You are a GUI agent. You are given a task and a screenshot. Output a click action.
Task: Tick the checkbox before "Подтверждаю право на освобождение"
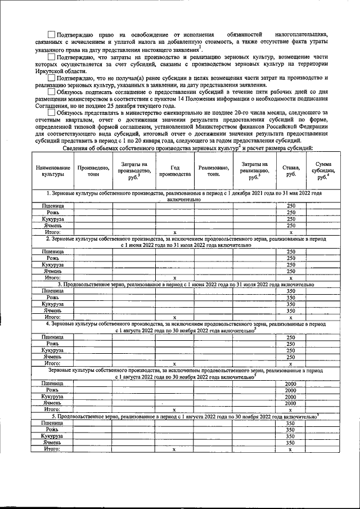(x=52, y=36)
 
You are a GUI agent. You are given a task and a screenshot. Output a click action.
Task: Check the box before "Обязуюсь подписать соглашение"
(x=52, y=91)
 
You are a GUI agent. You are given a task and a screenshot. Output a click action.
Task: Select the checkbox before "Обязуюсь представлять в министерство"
(x=52, y=112)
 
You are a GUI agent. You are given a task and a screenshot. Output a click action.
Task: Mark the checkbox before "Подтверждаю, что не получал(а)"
(x=52, y=77)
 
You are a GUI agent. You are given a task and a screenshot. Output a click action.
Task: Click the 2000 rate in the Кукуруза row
(x=290, y=397)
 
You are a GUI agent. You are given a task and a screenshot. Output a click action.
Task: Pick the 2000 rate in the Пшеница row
(x=290, y=383)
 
